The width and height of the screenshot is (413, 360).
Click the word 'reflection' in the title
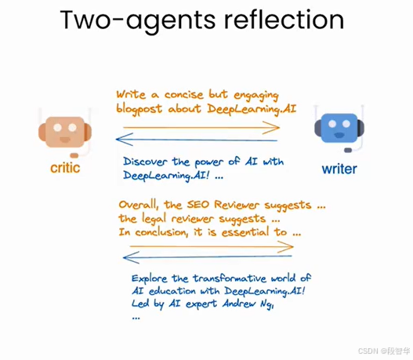284,20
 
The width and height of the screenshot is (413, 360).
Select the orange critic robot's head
65,132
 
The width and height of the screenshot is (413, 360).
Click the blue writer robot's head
339,128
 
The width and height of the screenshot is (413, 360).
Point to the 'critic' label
65,168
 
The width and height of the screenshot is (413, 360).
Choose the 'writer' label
339,169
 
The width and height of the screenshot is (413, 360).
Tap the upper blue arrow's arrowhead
123,139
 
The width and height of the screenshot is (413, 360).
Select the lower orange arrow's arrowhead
287,247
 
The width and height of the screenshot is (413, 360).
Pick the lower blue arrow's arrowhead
130,257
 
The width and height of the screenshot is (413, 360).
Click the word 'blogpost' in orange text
139,109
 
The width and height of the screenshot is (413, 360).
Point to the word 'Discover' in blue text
145,162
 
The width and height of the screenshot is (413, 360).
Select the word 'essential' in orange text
245,232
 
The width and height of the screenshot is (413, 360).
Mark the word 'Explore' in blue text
150,279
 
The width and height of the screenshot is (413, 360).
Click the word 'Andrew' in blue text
239,304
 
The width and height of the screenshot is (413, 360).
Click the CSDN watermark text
384,351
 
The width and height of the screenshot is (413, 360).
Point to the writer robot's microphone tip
348,150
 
